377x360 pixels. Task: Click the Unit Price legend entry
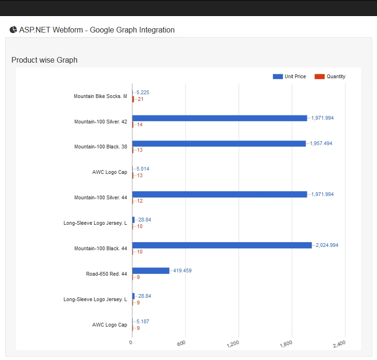click(289, 76)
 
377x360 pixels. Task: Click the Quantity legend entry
click(330, 76)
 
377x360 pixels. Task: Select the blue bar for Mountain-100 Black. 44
click(222, 245)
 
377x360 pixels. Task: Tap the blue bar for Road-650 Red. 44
click(151, 271)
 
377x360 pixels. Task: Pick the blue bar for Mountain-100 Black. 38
click(219, 143)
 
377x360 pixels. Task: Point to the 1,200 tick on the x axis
click(233, 344)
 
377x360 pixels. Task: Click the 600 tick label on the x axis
click(181, 343)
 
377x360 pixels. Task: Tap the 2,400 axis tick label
click(339, 344)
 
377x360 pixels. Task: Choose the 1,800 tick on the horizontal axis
click(286, 344)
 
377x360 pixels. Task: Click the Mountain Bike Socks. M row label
click(100, 96)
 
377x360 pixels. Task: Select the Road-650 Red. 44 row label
click(106, 274)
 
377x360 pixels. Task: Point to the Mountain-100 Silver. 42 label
click(101, 122)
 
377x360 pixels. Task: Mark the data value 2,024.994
click(327, 245)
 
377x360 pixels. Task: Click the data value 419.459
click(182, 271)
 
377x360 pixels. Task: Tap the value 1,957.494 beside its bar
click(321, 143)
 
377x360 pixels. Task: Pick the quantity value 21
click(140, 99)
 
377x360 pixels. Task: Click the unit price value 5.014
click(143, 169)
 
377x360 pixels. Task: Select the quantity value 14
click(140, 125)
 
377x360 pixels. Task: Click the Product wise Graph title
click(45, 60)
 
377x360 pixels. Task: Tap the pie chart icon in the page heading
click(13, 30)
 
